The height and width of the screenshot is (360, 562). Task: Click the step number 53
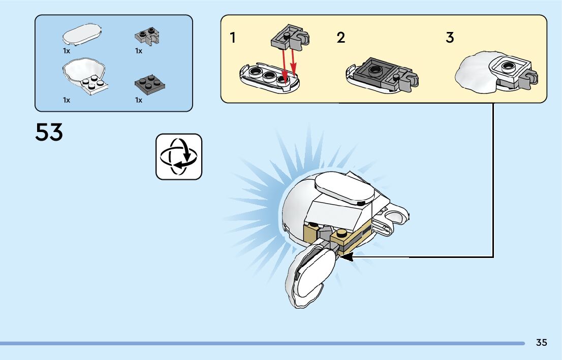tap(49, 133)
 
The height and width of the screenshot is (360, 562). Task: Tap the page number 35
tap(541, 343)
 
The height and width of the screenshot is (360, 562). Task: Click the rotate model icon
tap(179, 156)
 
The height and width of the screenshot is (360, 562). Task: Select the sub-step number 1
tap(233, 38)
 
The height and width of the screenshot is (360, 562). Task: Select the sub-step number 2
tap(341, 38)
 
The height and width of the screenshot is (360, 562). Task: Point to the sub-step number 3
tap(450, 38)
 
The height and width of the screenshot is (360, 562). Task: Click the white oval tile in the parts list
tap(82, 35)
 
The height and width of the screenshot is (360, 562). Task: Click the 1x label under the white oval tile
tap(67, 51)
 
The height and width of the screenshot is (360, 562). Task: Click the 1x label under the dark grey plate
tap(139, 100)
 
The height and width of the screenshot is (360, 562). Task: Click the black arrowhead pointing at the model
tap(346, 257)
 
